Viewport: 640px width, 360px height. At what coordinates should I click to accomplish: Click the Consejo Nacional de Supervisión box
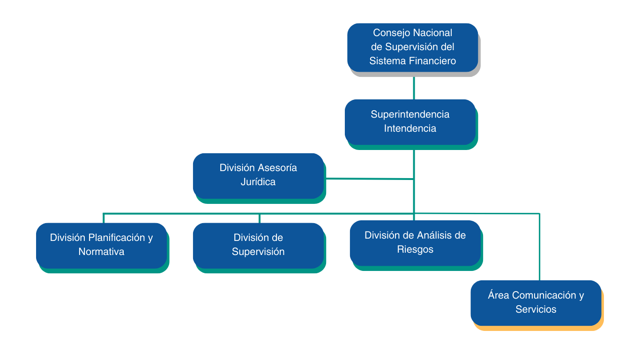(x=412, y=47)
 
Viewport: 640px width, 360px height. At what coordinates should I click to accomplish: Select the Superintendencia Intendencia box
(x=410, y=121)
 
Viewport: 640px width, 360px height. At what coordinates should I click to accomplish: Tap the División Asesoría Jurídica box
(x=258, y=175)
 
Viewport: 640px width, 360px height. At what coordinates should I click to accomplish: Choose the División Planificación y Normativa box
(x=101, y=245)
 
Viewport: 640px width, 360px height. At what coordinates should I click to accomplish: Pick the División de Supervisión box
(x=258, y=245)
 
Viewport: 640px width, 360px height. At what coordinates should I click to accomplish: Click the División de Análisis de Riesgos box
(x=415, y=242)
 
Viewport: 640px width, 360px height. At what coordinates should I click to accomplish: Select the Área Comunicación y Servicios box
(x=536, y=302)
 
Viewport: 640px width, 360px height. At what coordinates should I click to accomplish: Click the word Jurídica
(x=258, y=182)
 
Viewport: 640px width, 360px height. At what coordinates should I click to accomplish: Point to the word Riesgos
(x=415, y=249)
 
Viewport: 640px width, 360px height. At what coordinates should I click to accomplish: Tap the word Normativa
(x=101, y=252)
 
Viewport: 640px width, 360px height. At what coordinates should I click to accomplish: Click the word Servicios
(x=536, y=309)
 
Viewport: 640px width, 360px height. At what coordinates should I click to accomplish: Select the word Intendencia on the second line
(x=410, y=128)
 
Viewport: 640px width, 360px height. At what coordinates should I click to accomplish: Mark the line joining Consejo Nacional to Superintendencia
(x=414, y=88)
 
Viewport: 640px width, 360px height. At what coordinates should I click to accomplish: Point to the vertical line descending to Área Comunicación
(x=539, y=248)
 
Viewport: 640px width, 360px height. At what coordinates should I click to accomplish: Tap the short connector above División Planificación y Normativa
(x=104, y=218)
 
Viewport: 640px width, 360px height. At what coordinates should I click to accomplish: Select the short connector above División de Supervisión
(x=260, y=218)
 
